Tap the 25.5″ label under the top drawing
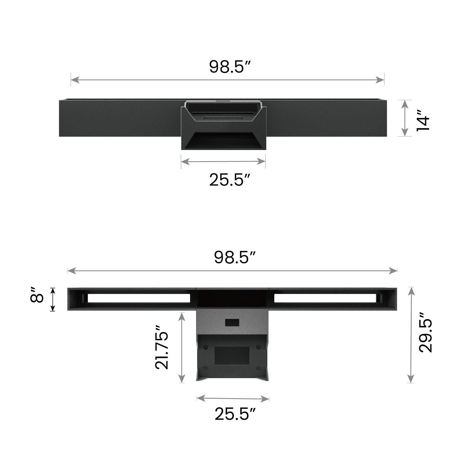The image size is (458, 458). pyautogui.click(x=230, y=180)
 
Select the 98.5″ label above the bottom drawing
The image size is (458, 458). pyautogui.click(x=234, y=257)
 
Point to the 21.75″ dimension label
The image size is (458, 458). pyautogui.click(x=162, y=347)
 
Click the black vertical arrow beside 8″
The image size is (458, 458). pyautogui.click(x=53, y=299)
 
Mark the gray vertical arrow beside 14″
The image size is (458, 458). pyautogui.click(x=404, y=118)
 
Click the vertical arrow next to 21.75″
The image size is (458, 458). pyautogui.click(x=181, y=347)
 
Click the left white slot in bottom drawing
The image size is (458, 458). pyautogui.click(x=139, y=298)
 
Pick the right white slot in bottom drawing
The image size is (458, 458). pyautogui.click(x=325, y=298)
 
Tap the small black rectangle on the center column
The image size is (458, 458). pyautogui.click(x=232, y=323)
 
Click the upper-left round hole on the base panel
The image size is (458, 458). pyautogui.click(x=206, y=347)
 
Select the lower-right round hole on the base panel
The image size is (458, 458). pyautogui.click(x=258, y=368)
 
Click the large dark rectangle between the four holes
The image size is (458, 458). pyautogui.click(x=232, y=356)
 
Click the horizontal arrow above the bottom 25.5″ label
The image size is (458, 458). pyautogui.click(x=233, y=398)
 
